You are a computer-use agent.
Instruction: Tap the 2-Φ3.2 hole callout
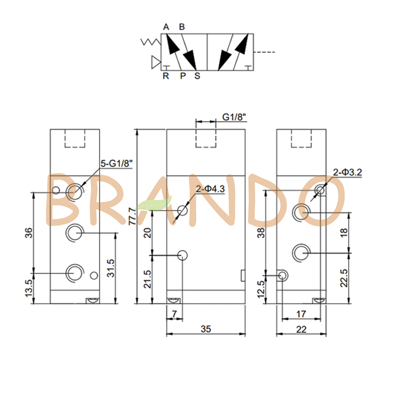(x=348, y=172)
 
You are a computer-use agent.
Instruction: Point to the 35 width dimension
(x=206, y=329)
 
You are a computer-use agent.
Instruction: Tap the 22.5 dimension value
(x=344, y=278)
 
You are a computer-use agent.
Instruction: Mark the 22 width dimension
(x=301, y=330)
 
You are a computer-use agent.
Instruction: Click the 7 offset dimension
(x=174, y=314)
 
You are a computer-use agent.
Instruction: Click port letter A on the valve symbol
(x=166, y=27)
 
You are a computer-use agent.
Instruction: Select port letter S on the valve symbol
(x=197, y=76)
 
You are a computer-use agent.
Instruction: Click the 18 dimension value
(x=344, y=232)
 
